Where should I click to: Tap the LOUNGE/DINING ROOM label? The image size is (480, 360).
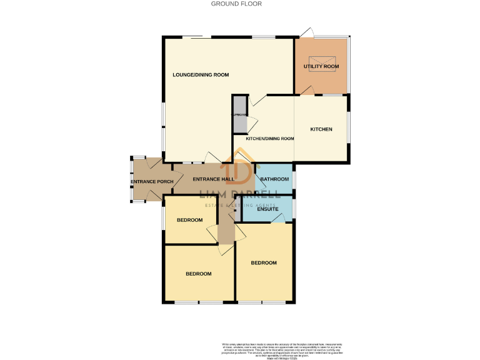pos(201,75)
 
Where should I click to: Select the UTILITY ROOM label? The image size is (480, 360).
pos(321,66)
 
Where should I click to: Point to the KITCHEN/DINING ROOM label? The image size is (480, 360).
pos(270,139)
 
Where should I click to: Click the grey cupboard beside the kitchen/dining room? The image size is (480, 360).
pos(239,114)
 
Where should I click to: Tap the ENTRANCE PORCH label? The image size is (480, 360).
pos(152,182)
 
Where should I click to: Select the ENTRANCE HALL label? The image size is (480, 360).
pos(213,179)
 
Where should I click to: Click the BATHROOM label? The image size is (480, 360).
pos(274,179)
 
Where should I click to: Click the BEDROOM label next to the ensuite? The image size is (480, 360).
pos(263,263)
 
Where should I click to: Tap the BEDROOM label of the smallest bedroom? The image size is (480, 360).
pos(189,220)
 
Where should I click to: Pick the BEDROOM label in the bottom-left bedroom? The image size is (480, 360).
pos(198,274)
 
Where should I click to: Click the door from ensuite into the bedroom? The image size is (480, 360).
pos(279,218)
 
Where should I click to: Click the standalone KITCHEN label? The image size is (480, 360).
pos(321,129)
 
